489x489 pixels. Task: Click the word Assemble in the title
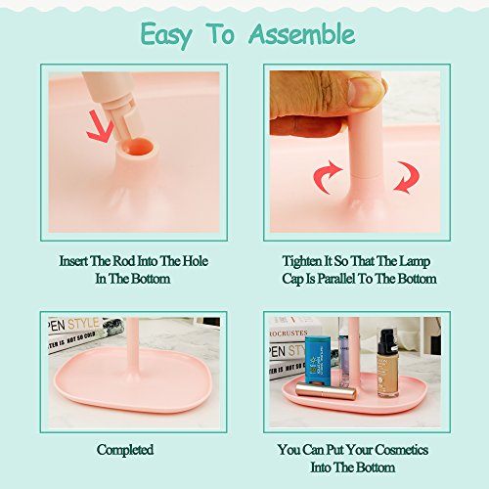pos(302,34)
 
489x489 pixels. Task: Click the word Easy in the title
pos(166,36)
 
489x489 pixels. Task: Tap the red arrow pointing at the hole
pos(100,127)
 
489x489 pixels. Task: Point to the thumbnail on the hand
pos(365,92)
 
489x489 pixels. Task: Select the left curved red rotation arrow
pos(326,176)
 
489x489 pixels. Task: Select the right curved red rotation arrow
pos(407,177)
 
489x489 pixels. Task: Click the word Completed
pos(125,450)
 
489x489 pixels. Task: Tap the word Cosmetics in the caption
pos(401,450)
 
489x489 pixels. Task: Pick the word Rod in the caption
pos(124,261)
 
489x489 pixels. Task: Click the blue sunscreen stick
pos(317,360)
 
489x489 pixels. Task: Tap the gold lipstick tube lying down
pos(326,391)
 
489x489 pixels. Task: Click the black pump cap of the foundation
pos(388,340)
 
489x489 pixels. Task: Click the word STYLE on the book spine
pos(83,324)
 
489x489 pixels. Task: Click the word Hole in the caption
pos(195,261)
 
